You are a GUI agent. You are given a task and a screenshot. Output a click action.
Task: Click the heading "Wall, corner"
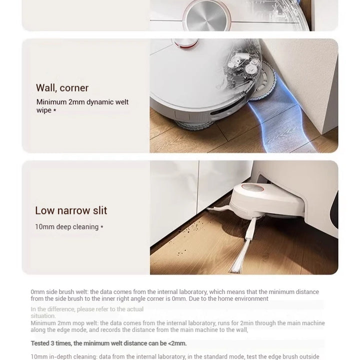pyautogui.click(x=62, y=88)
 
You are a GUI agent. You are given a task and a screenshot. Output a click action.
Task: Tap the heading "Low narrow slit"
pyautogui.click(x=71, y=210)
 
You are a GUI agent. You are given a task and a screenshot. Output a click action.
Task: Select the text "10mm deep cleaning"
pyautogui.click(x=66, y=227)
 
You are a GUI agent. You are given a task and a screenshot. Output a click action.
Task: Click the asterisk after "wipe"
pyautogui.click(x=54, y=110)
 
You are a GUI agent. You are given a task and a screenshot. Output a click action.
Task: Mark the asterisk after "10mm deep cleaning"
pyautogui.click(x=102, y=227)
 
